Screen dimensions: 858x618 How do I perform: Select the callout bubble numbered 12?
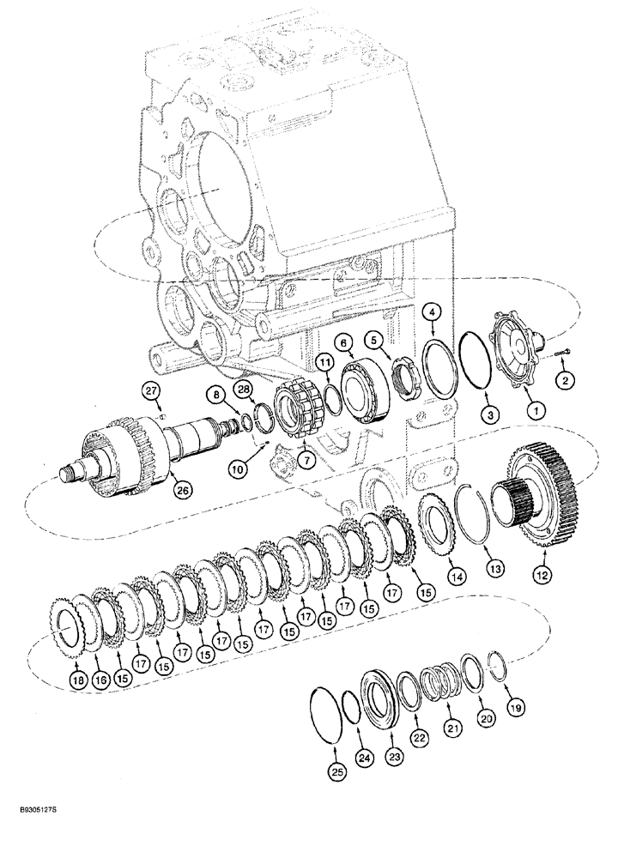(541, 577)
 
